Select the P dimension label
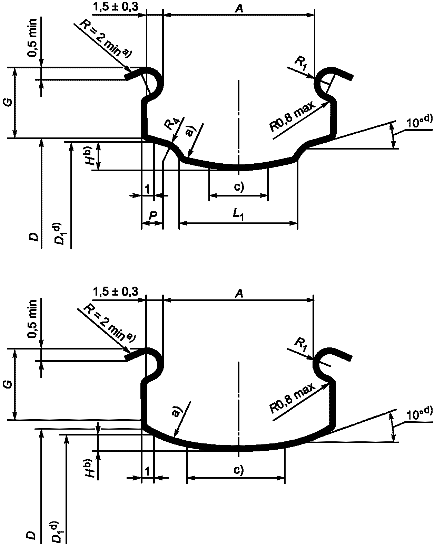153,215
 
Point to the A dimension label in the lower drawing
239,294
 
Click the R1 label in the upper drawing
300,62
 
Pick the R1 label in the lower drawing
300,344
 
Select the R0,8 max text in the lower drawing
293,398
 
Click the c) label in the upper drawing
239,187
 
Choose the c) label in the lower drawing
239,470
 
